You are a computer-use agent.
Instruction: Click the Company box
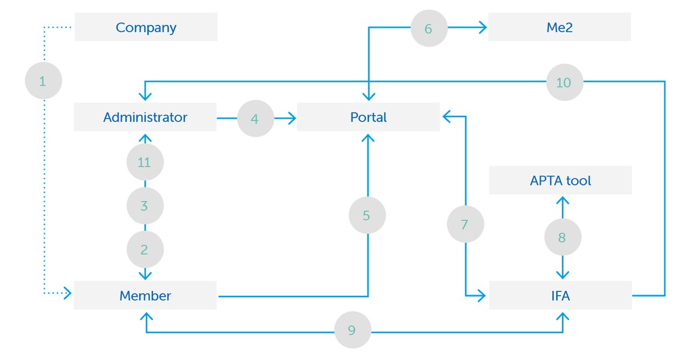point(145,27)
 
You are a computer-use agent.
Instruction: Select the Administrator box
point(145,117)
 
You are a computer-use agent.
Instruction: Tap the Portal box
point(368,117)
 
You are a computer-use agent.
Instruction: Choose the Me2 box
point(559,27)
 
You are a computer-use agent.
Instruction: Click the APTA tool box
point(560,181)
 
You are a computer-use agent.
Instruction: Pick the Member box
point(145,296)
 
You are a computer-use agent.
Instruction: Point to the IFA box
point(560,296)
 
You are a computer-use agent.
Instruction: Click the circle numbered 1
point(43,81)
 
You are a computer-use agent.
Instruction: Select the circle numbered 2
point(145,249)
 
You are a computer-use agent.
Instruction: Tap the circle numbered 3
point(145,206)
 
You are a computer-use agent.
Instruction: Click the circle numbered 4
point(255,119)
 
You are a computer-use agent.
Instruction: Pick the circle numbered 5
point(367,215)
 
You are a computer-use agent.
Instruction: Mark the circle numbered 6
point(429,28)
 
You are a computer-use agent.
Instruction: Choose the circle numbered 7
point(465,225)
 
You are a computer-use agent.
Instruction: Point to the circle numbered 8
point(562,238)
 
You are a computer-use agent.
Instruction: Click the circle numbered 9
point(352,330)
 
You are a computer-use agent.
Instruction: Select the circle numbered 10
point(564,82)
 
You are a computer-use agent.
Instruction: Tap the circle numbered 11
point(145,162)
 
